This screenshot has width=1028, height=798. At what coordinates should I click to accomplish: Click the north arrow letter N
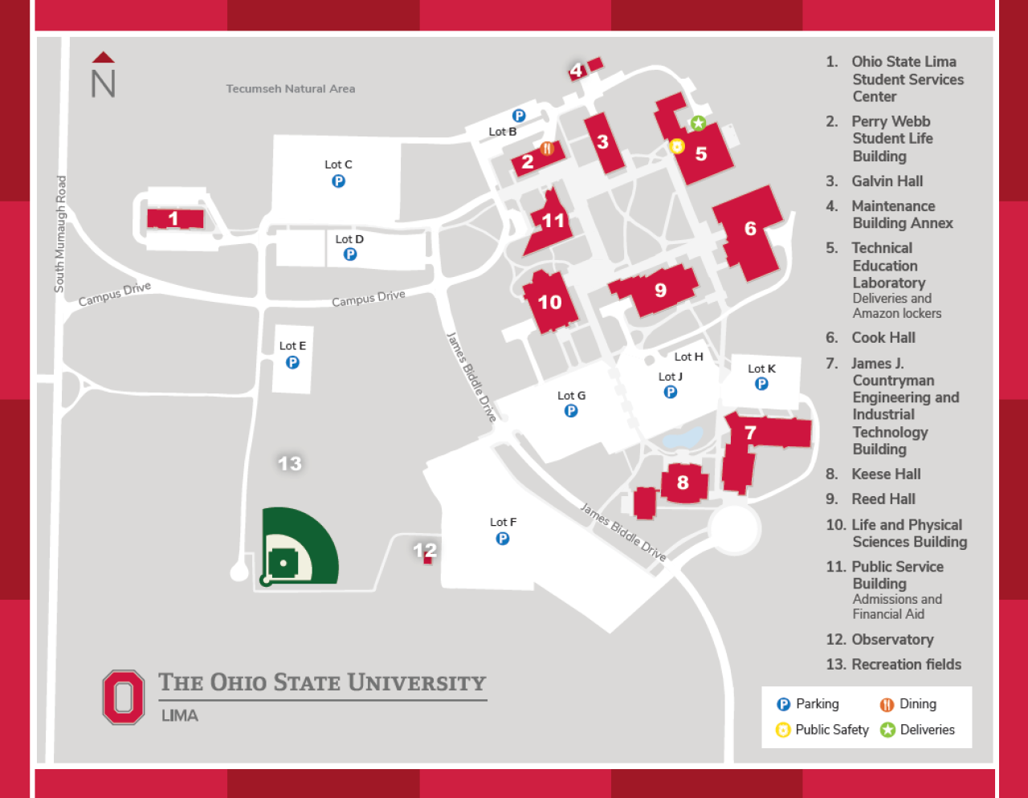[103, 83]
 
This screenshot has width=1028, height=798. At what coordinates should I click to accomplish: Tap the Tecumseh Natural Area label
[290, 89]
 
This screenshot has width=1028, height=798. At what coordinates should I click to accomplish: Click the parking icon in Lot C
[338, 181]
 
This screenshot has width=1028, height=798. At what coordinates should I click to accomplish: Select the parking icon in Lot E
[292, 362]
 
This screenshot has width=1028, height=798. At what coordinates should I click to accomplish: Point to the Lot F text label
[503, 522]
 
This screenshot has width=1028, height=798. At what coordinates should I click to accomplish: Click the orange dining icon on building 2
[547, 149]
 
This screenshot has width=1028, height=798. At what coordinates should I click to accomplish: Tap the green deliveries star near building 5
[698, 124]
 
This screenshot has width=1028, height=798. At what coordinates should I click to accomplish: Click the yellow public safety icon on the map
[676, 146]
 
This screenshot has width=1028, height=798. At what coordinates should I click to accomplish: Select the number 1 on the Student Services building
[173, 218]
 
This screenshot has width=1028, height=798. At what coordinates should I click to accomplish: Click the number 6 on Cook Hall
[750, 229]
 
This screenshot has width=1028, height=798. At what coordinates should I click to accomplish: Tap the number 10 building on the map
[550, 302]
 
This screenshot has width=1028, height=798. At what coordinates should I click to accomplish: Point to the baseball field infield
[284, 562]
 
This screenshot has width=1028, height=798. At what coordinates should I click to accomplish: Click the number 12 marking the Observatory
[425, 550]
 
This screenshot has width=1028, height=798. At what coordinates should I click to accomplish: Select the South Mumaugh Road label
[60, 234]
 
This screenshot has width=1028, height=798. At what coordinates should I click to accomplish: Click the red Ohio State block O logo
[124, 697]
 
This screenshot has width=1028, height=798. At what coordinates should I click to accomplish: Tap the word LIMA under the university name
[180, 715]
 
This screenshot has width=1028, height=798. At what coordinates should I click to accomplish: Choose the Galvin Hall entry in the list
[887, 181]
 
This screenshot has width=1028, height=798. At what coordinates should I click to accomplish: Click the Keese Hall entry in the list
[886, 474]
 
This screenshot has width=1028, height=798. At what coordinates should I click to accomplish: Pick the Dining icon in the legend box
[887, 705]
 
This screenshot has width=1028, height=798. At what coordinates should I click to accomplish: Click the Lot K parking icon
[761, 384]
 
